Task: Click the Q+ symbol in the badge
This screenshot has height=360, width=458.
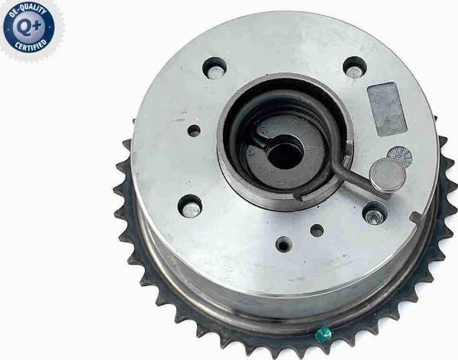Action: [x=29, y=28]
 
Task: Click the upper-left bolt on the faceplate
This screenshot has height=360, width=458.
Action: [x=214, y=69]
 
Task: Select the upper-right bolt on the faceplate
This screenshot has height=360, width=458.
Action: [x=354, y=69]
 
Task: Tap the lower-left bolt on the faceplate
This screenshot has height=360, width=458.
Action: [x=190, y=206]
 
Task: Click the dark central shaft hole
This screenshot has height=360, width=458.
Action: [x=284, y=154]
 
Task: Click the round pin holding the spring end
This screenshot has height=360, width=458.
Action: [x=388, y=175]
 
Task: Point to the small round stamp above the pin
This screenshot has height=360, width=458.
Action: [x=399, y=156]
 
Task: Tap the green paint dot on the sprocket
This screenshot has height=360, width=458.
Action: [x=324, y=333]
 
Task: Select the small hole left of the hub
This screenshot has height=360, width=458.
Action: [x=194, y=131]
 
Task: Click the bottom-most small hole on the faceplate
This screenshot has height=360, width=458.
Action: [x=284, y=246]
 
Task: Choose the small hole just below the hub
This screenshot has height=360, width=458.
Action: [x=316, y=230]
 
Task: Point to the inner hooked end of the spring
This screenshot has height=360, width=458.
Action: [x=260, y=140]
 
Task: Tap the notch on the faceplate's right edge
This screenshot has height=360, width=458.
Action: [x=416, y=217]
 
